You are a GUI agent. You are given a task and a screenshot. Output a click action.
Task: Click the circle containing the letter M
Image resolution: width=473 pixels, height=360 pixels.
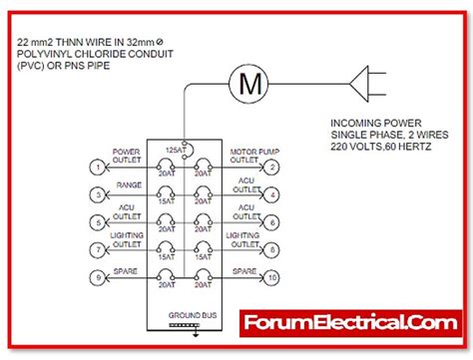245,83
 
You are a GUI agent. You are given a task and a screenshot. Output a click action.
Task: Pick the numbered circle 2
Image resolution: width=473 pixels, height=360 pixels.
271,168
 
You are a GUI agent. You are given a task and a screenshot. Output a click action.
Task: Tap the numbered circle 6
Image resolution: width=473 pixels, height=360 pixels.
271,222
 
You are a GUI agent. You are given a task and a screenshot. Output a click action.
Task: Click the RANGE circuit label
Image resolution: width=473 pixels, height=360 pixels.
127,185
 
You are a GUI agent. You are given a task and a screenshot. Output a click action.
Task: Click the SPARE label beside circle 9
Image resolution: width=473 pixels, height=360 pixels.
127,269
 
